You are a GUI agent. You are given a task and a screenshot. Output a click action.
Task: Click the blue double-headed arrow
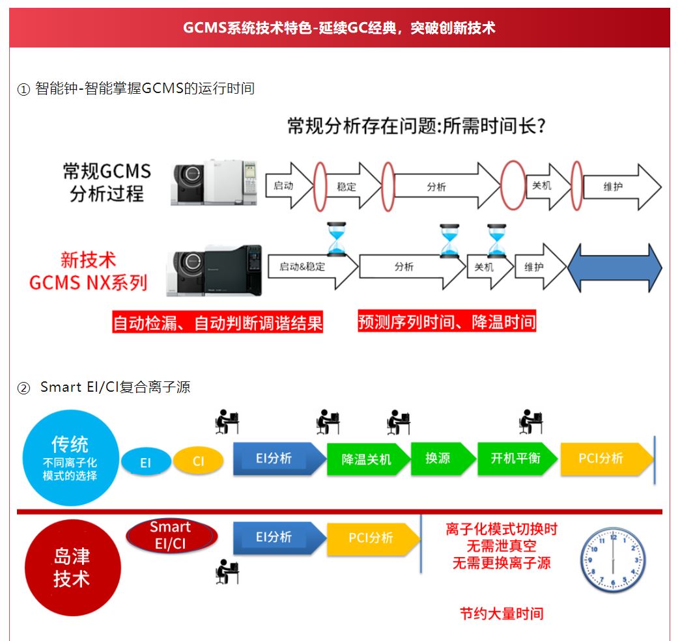[x=614, y=268]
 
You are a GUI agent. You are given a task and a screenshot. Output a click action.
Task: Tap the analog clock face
[x=612, y=560]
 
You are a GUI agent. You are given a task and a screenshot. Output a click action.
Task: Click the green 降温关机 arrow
[x=367, y=459]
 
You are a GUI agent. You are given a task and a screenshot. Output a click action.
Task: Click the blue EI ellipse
[x=146, y=462]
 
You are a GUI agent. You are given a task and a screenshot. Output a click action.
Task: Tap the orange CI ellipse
[x=199, y=461]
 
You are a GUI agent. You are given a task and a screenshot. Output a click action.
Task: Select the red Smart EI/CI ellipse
[x=171, y=535]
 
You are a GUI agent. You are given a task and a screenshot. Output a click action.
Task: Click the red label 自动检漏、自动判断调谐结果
[x=218, y=323]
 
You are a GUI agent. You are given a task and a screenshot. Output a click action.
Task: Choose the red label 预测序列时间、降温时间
[x=447, y=321]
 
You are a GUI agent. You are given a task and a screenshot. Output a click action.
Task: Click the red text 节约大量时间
[x=502, y=613]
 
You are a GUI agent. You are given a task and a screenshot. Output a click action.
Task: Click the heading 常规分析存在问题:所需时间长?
[x=416, y=126]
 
